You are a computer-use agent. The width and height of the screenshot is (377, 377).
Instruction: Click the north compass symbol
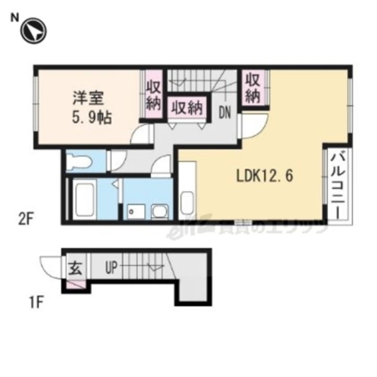[x=34, y=30]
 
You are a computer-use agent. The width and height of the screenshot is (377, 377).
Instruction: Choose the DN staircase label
[x=225, y=111]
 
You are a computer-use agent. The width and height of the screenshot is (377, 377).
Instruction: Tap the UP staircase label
[x=111, y=269]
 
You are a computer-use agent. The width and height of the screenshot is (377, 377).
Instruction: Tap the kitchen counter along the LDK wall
[x=187, y=191]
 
